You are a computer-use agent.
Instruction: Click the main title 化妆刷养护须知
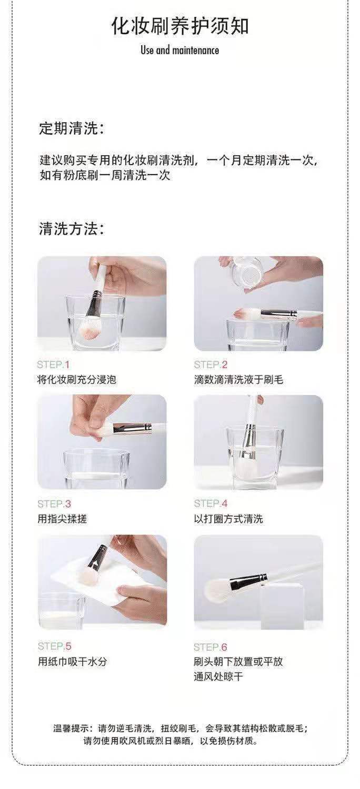pos(180,26)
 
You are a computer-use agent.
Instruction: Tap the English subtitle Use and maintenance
pos(180,50)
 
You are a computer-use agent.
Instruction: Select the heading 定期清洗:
pos(72,128)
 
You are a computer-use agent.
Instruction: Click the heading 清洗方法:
pos(72,229)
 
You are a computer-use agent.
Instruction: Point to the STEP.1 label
pos(53,365)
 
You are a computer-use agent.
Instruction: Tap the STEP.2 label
pos(211,365)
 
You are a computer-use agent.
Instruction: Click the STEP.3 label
pos(54,504)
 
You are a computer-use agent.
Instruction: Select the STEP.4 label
pos(211,503)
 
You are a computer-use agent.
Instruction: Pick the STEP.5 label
pos(55,646)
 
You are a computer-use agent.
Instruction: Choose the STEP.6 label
pos(211,646)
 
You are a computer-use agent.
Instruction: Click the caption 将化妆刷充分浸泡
pos(76,379)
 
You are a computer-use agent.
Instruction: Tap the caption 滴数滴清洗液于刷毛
pos(238,379)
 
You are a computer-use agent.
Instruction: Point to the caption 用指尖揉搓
pos(62,519)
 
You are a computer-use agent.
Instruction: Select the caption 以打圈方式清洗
pos(228,519)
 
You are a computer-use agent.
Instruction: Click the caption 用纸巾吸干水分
pos(72,661)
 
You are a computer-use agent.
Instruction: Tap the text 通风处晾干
pos(218,676)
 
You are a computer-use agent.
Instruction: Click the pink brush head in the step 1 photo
pos(91,330)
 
